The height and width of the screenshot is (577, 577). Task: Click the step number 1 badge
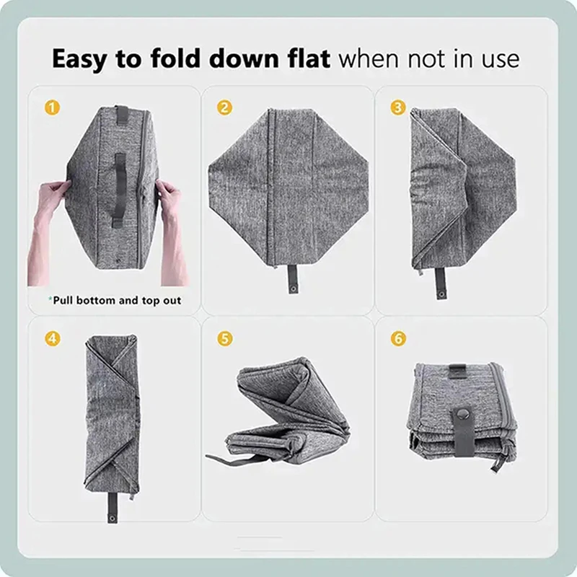click(52, 107)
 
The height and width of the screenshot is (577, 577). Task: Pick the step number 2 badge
click(225, 107)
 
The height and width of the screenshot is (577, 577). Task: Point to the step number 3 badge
click(398, 107)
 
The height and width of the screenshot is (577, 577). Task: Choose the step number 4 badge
click(52, 338)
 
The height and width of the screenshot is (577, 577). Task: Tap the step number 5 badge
click(225, 338)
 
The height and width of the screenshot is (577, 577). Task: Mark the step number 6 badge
click(398, 338)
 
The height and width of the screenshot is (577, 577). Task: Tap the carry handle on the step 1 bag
click(119, 189)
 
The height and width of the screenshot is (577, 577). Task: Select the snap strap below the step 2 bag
click(293, 279)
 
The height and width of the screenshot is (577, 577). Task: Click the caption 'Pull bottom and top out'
click(115, 300)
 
